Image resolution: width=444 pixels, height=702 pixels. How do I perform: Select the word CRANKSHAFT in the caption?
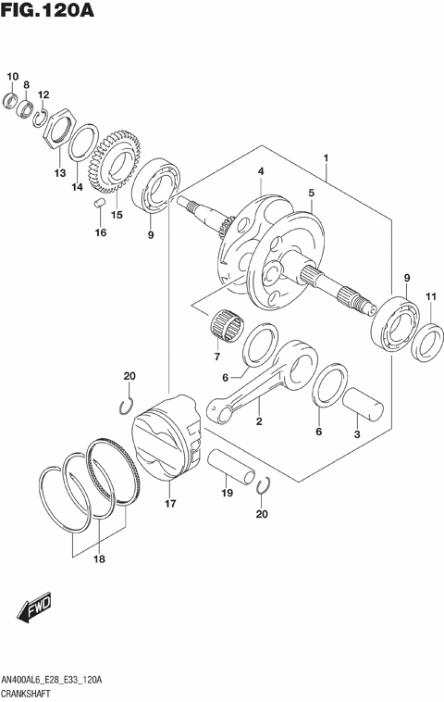click(32, 694)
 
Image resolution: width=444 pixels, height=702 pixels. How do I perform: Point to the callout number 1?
click(326, 159)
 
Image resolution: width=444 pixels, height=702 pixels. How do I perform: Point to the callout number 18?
click(99, 559)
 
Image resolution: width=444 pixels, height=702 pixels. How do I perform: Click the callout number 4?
click(262, 171)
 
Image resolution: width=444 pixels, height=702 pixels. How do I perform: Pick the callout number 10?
click(12, 77)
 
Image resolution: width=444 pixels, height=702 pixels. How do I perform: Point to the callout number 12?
click(43, 94)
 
